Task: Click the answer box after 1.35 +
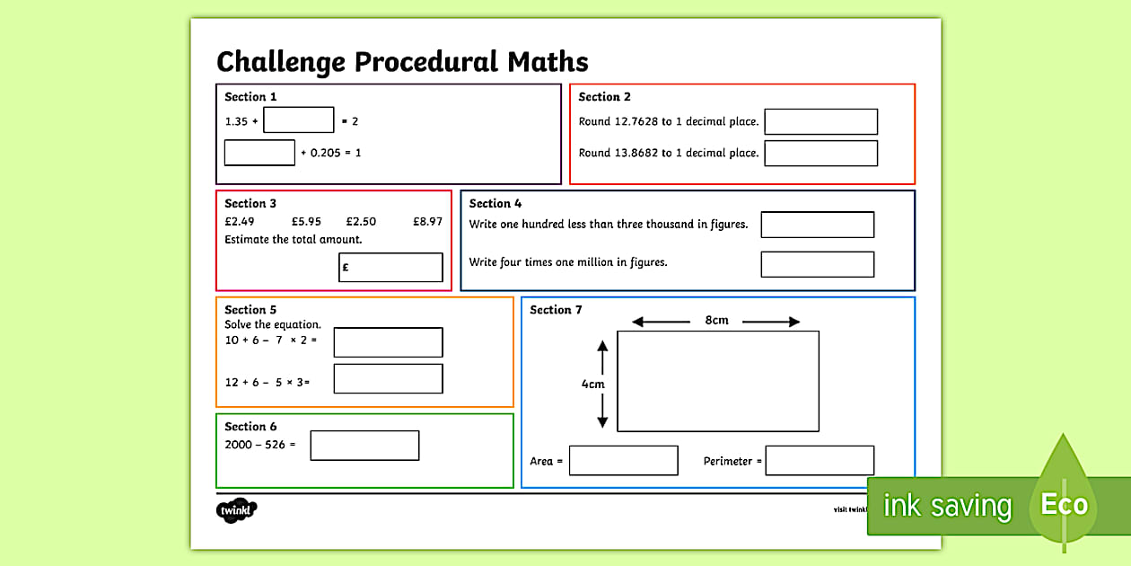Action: pos(298,120)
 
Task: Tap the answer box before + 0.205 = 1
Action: pos(259,153)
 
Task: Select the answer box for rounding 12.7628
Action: pos(820,122)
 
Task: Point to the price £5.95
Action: pos(306,222)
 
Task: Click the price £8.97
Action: pos(427,222)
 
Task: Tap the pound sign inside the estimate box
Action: pos(346,267)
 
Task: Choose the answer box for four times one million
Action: pos(817,264)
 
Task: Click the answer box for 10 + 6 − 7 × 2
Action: pos(388,342)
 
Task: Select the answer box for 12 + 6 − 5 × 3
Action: pos(388,378)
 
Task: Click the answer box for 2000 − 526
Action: pos(364,446)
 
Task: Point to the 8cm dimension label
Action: pos(716,321)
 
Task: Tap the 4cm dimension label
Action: pos(592,384)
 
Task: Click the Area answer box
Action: pos(623,461)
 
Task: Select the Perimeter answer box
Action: pos(820,461)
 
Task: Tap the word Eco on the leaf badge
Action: pos(1064,505)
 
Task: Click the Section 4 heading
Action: pos(495,204)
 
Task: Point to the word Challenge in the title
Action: pos(281,62)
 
